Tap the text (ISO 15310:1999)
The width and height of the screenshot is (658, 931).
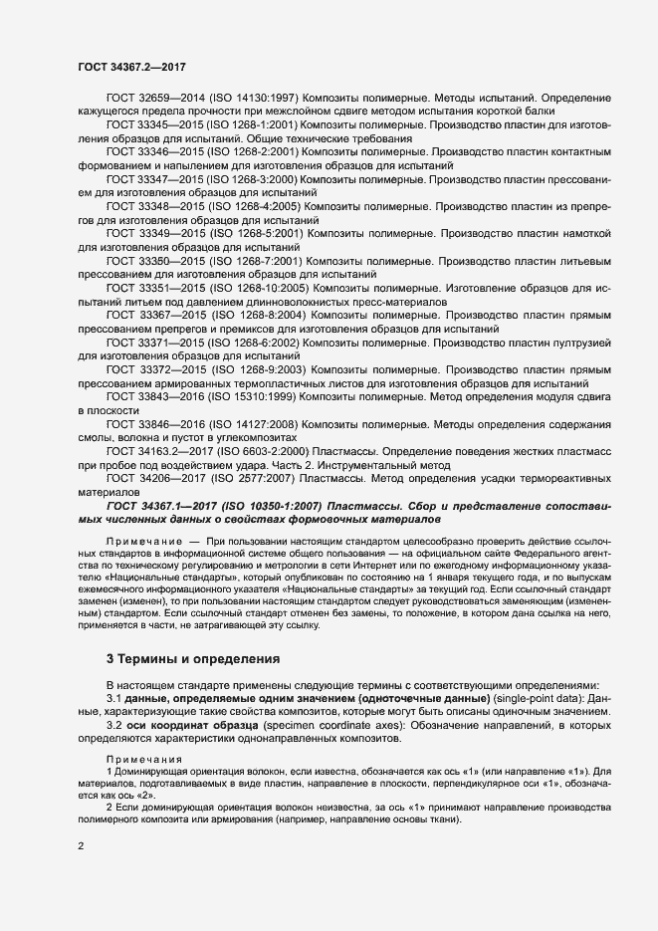coord(259,395)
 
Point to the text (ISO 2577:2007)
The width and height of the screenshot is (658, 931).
coord(255,477)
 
